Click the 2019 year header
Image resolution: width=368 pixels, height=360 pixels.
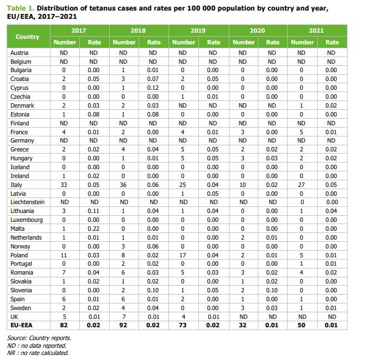(x=198, y=31)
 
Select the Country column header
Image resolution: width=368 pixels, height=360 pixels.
(x=28, y=37)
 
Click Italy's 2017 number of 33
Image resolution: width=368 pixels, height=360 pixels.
(x=64, y=185)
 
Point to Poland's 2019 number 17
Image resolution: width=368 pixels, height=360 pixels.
(x=183, y=255)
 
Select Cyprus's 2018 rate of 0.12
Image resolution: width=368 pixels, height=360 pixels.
(x=154, y=88)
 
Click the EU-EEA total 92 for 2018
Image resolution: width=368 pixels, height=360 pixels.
(x=124, y=326)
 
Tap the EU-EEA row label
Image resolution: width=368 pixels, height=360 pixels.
(x=21, y=326)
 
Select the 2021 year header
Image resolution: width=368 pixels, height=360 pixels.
(x=316, y=31)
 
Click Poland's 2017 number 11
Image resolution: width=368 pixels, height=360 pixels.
(x=64, y=255)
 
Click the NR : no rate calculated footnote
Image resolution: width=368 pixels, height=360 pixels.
(x=38, y=352)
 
